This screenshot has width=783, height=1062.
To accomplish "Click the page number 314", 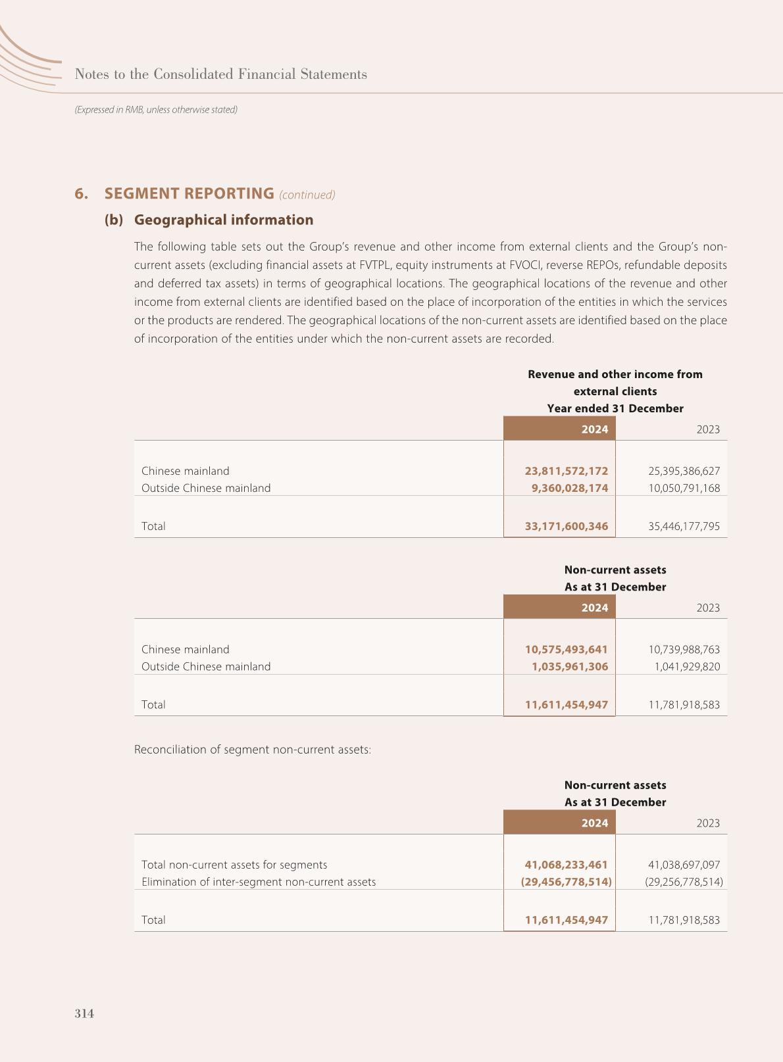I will coord(84,1013).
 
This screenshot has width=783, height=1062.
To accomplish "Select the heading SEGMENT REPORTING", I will coord(189,193).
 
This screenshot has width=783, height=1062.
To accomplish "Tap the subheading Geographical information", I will coord(223,220).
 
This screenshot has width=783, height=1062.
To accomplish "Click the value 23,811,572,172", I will coord(566,471).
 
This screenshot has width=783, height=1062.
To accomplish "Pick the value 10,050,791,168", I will coord(684,488).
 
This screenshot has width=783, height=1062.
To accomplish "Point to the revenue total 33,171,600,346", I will coord(566,526).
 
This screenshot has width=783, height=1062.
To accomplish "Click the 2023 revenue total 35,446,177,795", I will coord(684,526).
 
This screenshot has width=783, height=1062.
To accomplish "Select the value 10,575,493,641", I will coord(566,649).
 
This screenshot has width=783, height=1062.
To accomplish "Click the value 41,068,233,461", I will coord(566,865).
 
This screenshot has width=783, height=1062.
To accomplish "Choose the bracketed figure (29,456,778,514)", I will coord(566,882).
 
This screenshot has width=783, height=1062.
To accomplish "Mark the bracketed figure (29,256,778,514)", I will coord(684,882).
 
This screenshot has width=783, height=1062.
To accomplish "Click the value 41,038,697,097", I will coord(684,865).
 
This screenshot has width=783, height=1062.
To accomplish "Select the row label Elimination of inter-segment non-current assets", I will coord(259,882).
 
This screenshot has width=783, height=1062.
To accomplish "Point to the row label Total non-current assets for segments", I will coord(234,865).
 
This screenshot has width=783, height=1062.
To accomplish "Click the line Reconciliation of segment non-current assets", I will coord(253,750).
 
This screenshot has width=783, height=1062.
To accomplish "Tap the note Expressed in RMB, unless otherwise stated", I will coord(156,110).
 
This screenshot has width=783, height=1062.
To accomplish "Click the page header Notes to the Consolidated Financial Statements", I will coord(221,74).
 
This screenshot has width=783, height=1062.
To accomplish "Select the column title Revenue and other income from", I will coord(615,374).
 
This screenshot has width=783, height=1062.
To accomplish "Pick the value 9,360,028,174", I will coord(570,488).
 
